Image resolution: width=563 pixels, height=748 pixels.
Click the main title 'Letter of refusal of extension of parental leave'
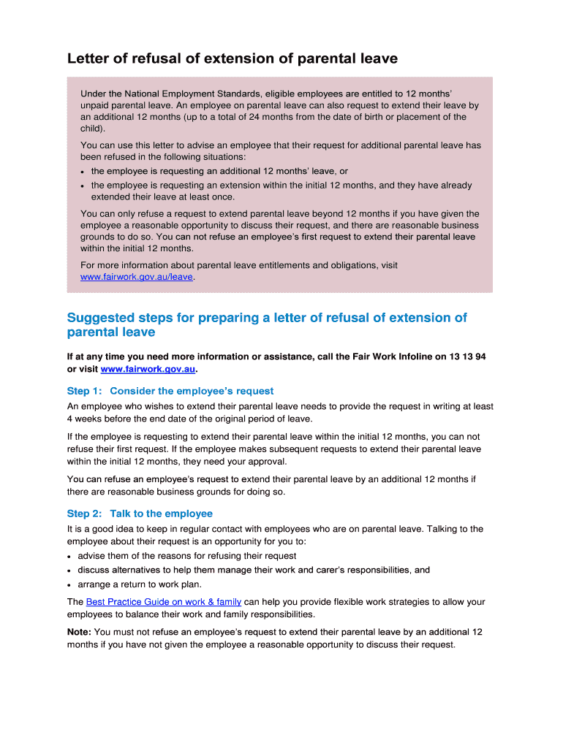coord(233,58)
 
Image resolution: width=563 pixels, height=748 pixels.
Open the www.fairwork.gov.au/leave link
coord(137,278)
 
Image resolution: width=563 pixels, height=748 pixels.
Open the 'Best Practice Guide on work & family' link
coord(163,602)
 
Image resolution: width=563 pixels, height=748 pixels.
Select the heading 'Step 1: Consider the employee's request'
coord(170,391)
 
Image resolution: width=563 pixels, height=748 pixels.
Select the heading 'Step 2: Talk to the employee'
coord(140,514)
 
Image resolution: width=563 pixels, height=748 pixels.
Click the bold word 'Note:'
coord(79,632)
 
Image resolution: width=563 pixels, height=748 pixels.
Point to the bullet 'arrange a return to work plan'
coord(140,584)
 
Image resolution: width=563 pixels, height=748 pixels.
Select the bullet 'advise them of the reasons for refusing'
coord(186,556)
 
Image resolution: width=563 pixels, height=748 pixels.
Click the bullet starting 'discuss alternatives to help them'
coord(253,570)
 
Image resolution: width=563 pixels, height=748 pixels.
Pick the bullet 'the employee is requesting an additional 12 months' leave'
coord(214,171)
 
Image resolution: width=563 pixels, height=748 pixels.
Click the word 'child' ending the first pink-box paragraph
coord(91,128)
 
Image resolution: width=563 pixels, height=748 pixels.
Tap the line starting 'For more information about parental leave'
coord(238,265)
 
